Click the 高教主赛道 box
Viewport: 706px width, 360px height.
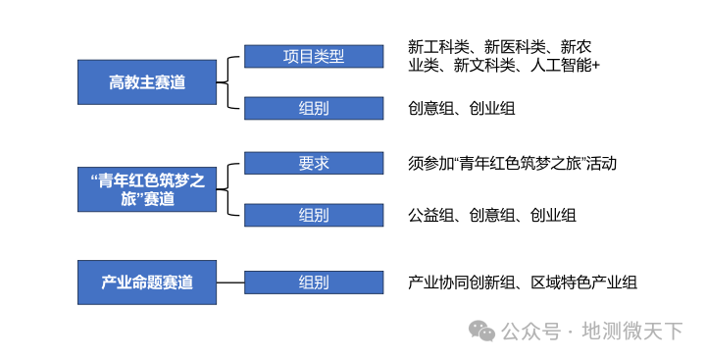click(x=147, y=82)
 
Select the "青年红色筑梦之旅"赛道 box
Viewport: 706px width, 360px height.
click(x=147, y=189)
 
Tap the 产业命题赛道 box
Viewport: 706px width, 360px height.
click(x=147, y=283)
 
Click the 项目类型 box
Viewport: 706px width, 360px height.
click(x=314, y=56)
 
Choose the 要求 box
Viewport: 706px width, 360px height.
click(x=314, y=163)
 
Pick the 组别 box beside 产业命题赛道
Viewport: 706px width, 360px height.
click(x=314, y=283)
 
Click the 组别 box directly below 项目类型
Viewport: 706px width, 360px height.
click(x=314, y=108)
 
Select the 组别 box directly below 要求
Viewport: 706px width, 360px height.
click(x=314, y=215)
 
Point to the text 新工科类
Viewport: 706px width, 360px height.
click(x=438, y=47)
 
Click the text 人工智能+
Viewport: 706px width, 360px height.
click(x=565, y=66)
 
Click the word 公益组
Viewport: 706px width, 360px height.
click(x=430, y=215)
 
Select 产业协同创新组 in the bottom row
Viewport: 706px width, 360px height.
click(x=461, y=283)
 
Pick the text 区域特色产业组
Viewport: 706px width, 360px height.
click(x=583, y=283)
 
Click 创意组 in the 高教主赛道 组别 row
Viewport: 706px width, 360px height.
click(x=430, y=108)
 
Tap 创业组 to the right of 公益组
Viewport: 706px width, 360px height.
click(x=553, y=215)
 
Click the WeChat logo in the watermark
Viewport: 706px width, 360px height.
click(x=481, y=332)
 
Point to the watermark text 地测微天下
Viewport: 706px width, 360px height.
click(x=632, y=332)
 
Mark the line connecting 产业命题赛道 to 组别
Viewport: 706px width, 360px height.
click(x=230, y=283)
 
